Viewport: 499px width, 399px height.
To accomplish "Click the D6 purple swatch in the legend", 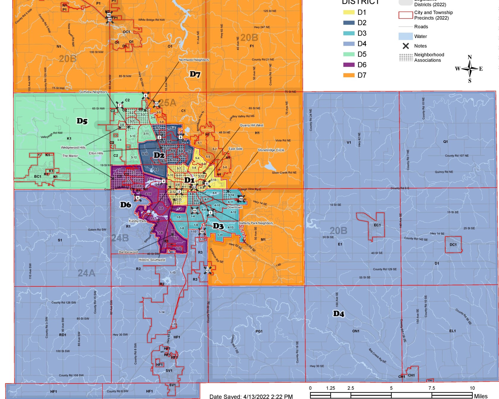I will pyautogui.click(x=349, y=65).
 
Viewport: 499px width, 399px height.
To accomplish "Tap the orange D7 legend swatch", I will pyautogui.click(x=349, y=75).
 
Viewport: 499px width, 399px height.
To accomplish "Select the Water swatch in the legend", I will pyautogui.click(x=405, y=36).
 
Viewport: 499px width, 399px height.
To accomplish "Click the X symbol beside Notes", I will pyautogui.click(x=406, y=46).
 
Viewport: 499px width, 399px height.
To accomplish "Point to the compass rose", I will pyautogui.click(x=470, y=69).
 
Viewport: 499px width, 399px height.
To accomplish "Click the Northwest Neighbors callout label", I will pyautogui.click(x=194, y=60).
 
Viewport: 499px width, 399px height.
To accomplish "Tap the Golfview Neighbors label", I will pyautogui.click(x=93, y=92).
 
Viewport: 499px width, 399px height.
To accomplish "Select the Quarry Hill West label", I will pyautogui.click(x=252, y=125).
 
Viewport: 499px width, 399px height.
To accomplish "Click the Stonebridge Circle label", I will pyautogui.click(x=271, y=150).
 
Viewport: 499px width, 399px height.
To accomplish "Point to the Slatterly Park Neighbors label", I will pyautogui.click(x=255, y=223).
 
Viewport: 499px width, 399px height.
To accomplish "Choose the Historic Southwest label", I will pyautogui.click(x=152, y=260).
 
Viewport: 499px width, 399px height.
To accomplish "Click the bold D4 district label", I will pyautogui.click(x=338, y=314).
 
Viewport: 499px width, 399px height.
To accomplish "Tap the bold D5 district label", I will pyautogui.click(x=82, y=121).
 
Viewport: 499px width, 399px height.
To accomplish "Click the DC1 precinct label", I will pyautogui.click(x=453, y=245).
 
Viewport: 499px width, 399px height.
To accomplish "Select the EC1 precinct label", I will pyautogui.click(x=377, y=225).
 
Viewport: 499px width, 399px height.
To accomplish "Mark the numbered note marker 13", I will pyautogui.click(x=208, y=270).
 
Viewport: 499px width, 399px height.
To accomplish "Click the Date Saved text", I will pyautogui.click(x=251, y=396).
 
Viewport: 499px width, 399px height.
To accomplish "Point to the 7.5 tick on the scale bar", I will pyautogui.click(x=432, y=388).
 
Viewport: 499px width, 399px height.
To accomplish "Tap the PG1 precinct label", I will pyautogui.click(x=259, y=331).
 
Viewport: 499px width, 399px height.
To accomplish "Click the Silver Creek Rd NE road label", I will pyautogui.click(x=284, y=172).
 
